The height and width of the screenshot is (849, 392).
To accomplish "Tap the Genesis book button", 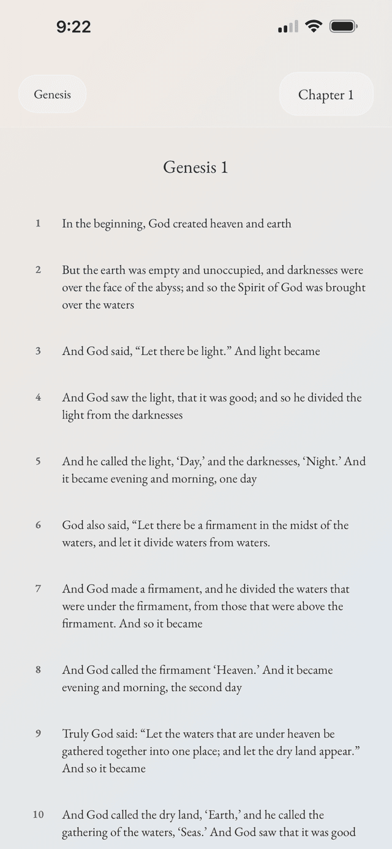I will pyautogui.click(x=52, y=94).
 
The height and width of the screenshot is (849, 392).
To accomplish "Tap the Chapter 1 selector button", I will pyautogui.click(x=326, y=94).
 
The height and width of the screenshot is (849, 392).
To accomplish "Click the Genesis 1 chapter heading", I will pyautogui.click(x=195, y=167).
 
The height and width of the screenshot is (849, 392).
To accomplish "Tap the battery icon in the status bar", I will pyautogui.click(x=343, y=26).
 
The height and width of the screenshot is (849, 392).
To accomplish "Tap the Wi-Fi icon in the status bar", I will pyautogui.click(x=314, y=26).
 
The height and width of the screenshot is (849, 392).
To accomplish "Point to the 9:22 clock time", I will pyautogui.click(x=73, y=27).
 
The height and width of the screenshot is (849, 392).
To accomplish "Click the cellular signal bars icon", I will pyautogui.click(x=288, y=26).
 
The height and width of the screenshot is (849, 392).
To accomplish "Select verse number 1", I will pyautogui.click(x=38, y=223).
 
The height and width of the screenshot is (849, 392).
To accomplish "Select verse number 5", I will pyautogui.click(x=38, y=461).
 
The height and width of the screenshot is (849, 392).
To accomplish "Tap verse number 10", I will pyautogui.click(x=38, y=815).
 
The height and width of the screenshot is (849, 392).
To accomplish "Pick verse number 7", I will pyautogui.click(x=38, y=589).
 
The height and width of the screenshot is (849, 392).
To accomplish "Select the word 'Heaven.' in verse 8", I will pyautogui.click(x=238, y=670).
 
